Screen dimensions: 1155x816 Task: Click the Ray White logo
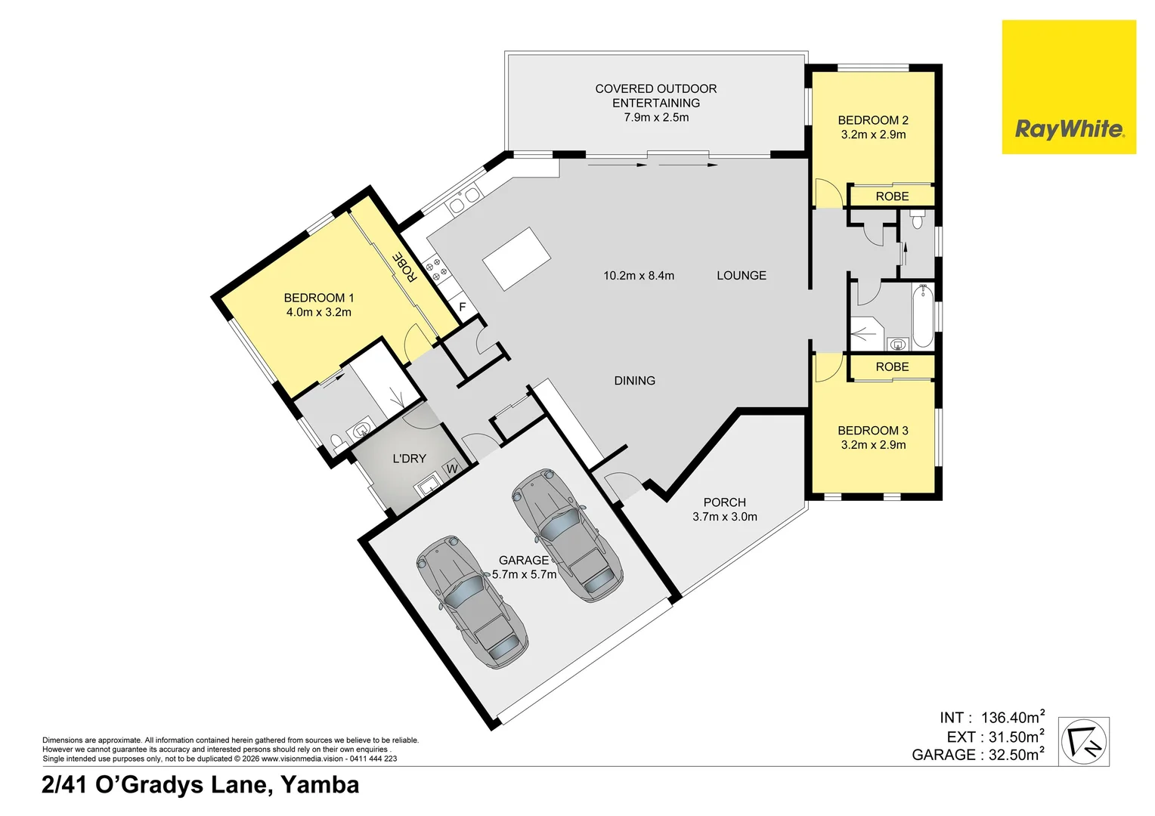coord(1069,87)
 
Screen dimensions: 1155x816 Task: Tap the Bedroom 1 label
coord(319,298)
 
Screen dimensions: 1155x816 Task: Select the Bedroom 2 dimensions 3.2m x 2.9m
coord(873,135)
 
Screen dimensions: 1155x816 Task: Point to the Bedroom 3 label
coord(873,431)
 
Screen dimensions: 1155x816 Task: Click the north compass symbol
coord(1084,741)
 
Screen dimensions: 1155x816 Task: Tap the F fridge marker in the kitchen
coord(463,307)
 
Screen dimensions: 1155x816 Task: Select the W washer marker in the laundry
coord(452,468)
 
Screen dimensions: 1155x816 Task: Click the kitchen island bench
coord(517,258)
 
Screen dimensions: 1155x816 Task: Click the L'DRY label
coord(410,459)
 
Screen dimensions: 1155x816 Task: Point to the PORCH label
coord(724,502)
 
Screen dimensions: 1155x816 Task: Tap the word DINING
coord(635,380)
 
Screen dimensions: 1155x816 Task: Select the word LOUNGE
coord(742,276)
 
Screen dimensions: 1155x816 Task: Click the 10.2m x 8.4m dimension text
coord(639,276)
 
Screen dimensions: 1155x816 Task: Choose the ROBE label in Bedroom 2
coord(892,196)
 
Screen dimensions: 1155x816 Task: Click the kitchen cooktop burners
coord(435,269)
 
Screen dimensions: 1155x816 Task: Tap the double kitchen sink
coord(463,201)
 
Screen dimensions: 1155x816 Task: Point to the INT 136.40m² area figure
coord(992,717)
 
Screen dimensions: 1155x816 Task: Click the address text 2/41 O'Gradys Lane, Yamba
coord(200,785)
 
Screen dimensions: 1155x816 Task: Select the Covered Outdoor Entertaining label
coord(656,96)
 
